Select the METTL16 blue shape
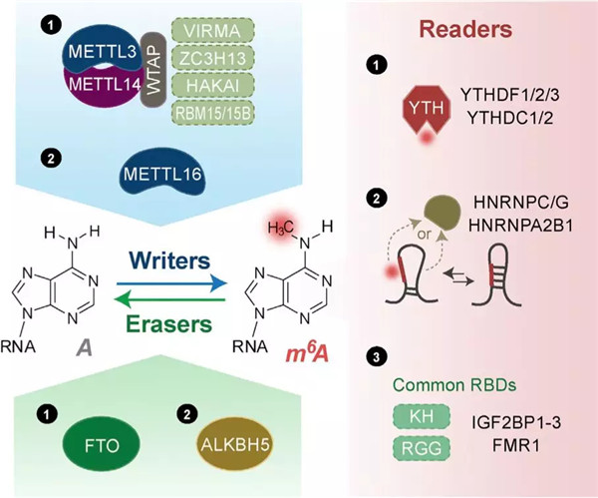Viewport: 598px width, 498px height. point(161,176)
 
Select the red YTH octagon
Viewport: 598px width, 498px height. point(428,109)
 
